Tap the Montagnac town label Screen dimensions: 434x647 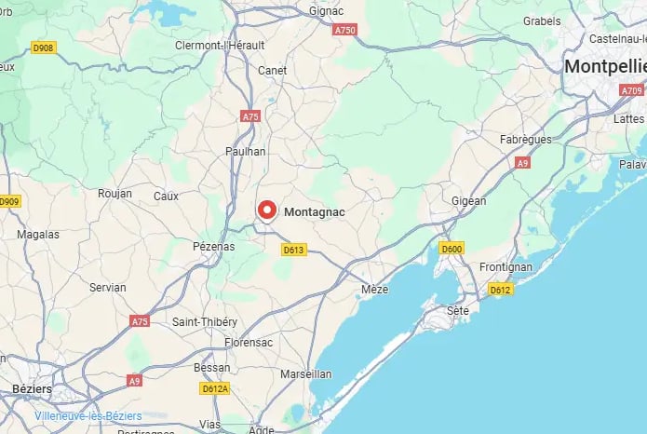(314, 212)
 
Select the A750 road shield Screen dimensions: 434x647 (345, 30)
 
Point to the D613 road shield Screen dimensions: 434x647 (294, 250)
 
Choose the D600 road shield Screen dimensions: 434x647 (452, 249)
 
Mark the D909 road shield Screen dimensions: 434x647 (9, 201)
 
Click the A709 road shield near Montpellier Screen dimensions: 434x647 (633, 90)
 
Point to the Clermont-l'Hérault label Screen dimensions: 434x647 (220, 45)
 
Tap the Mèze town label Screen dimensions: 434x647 (374, 290)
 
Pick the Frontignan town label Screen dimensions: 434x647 (506, 266)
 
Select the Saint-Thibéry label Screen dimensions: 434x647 (205, 321)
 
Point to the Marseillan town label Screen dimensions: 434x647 (304, 373)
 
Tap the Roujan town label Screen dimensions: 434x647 (115, 194)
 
